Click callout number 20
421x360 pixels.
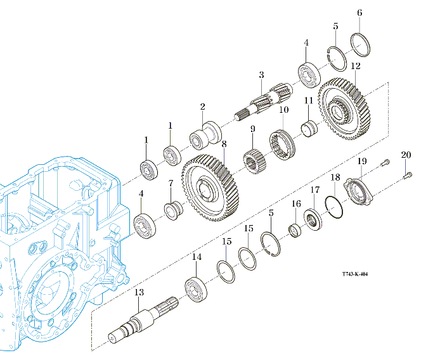coord(406,154)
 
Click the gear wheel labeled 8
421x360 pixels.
coord(210,187)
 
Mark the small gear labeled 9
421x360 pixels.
coord(254,161)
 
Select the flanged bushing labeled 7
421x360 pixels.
coord(172,209)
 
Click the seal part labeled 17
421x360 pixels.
coord(313,219)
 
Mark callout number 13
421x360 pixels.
coord(139,293)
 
